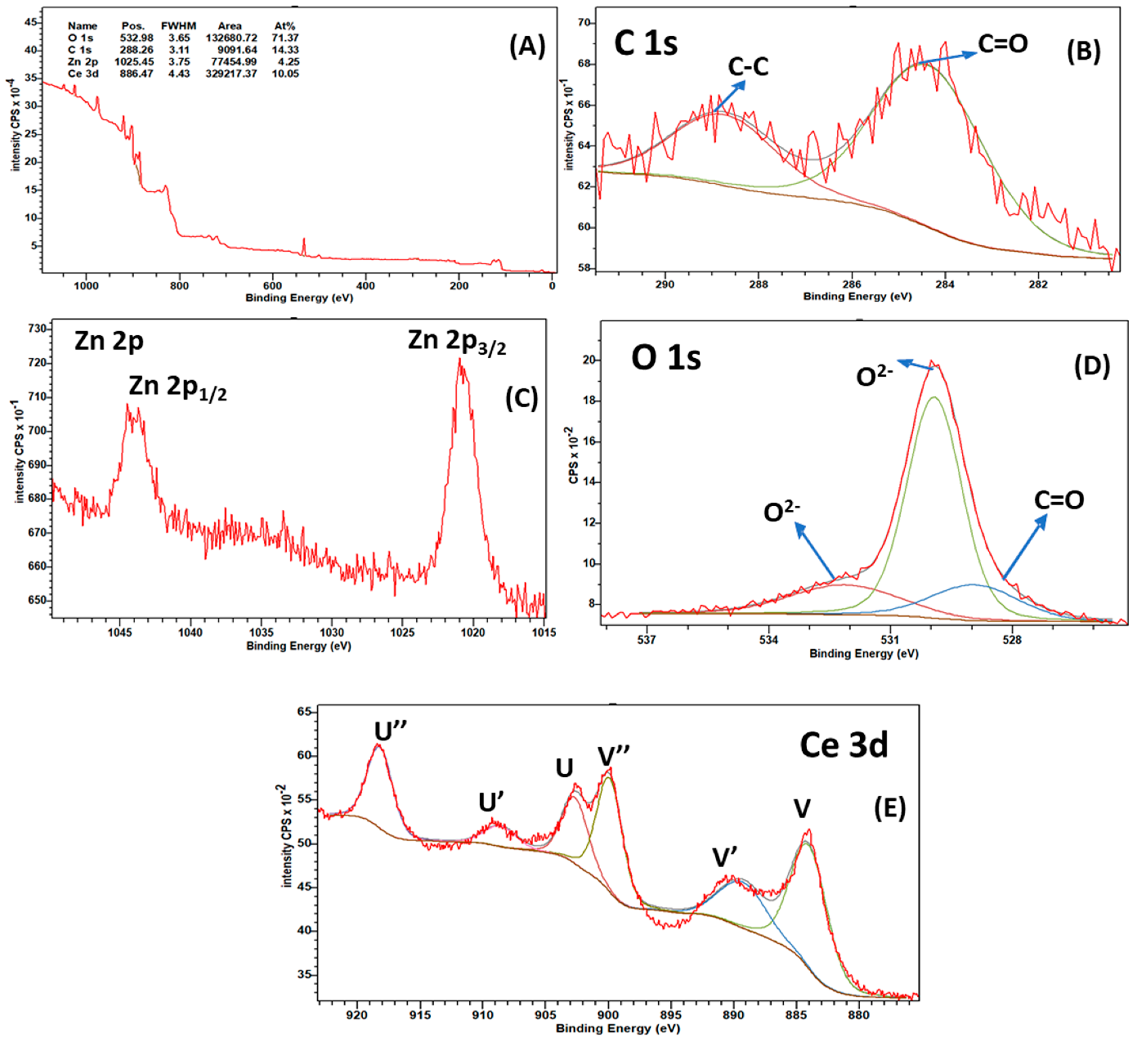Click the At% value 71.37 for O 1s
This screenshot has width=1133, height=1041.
point(286,38)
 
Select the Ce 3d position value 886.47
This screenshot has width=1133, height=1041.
point(136,74)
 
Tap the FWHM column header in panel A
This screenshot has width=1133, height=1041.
point(179,26)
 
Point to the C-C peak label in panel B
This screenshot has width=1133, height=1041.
point(748,67)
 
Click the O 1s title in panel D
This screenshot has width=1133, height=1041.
point(666,359)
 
